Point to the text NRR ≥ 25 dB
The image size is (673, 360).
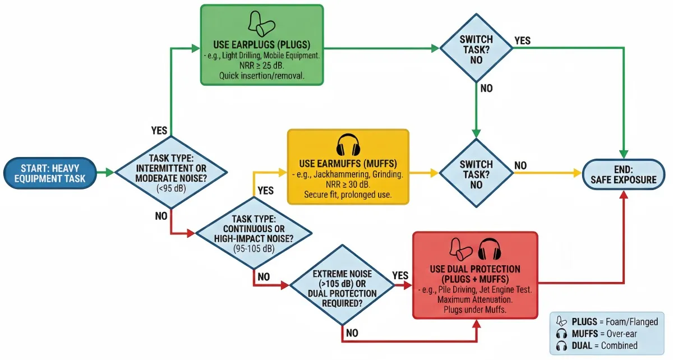click(x=262, y=65)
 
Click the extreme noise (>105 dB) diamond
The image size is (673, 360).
click(x=342, y=285)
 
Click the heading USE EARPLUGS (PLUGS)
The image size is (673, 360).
click(x=262, y=44)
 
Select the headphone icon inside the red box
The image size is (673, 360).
click(x=492, y=249)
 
